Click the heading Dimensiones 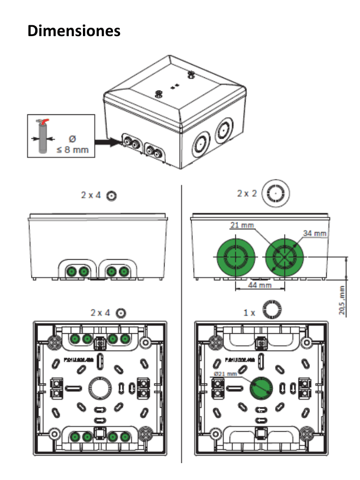(74, 31)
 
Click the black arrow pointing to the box (105, 141)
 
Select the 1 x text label (249, 312)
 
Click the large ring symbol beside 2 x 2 (276, 193)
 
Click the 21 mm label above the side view (241, 225)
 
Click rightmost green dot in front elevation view (124, 271)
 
